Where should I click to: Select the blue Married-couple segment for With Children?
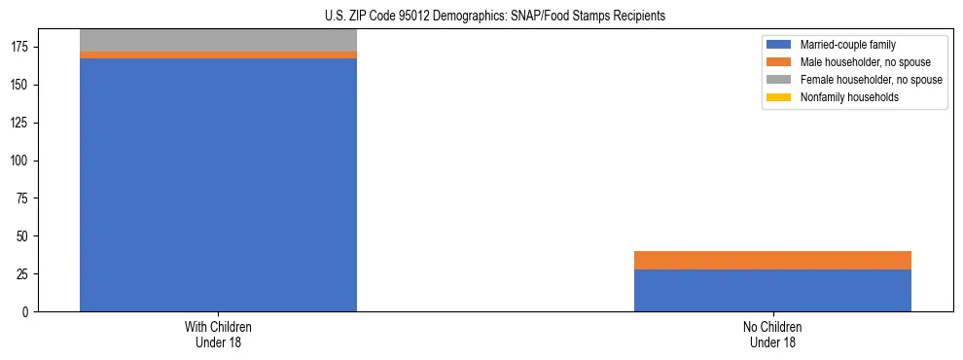(218, 185)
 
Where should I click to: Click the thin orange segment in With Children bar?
(218, 55)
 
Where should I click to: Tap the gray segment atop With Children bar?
(218, 40)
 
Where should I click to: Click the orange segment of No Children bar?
(772, 260)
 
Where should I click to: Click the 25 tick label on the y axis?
(24, 274)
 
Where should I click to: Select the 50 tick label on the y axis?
(24, 236)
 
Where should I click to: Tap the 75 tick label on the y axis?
(24, 198)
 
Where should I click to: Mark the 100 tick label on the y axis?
(21, 161)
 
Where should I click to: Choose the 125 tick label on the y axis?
(21, 124)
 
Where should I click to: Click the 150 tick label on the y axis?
(21, 86)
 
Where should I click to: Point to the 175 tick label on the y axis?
(21, 48)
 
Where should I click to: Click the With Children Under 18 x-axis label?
(218, 334)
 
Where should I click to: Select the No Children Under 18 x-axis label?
(772, 334)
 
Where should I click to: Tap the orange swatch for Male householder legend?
(780, 62)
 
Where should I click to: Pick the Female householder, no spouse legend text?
(871, 80)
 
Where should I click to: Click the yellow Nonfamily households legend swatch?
(780, 97)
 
